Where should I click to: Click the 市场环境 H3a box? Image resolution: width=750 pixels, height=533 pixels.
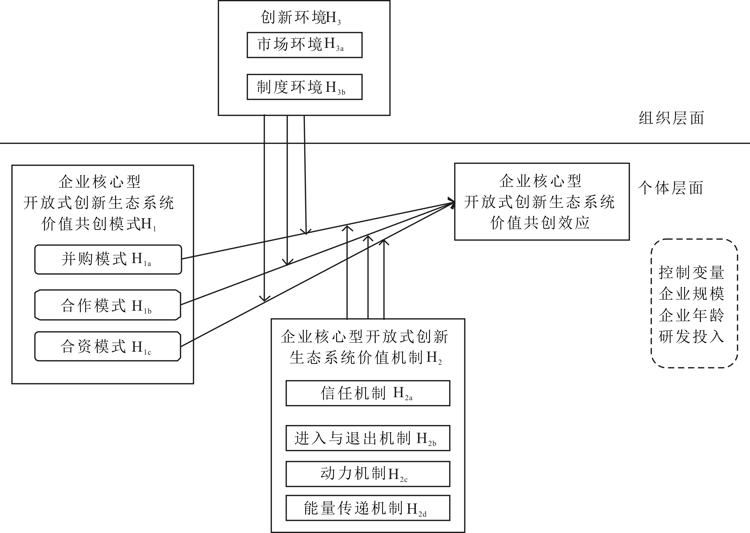[x=304, y=45]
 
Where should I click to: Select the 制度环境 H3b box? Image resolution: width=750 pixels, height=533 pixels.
[x=304, y=87]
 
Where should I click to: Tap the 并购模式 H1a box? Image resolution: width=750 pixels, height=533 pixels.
[x=108, y=259]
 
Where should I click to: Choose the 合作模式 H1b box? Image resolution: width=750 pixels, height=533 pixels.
[x=108, y=305]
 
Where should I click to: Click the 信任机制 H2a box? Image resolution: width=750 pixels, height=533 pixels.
[x=367, y=393]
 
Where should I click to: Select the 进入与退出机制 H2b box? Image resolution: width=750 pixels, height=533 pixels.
[x=367, y=438]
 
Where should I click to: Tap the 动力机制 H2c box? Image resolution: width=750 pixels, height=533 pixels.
[x=367, y=474]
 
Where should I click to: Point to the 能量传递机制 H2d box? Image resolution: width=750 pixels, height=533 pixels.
[x=367, y=508]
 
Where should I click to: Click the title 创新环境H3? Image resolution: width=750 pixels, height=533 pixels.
[x=301, y=18]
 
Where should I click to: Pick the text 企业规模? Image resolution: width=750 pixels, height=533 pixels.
[x=691, y=294]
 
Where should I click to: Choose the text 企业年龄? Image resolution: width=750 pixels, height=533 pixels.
[x=691, y=315]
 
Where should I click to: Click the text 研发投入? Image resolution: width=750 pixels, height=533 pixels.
[x=691, y=336]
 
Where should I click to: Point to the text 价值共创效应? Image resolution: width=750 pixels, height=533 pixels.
[x=540, y=223]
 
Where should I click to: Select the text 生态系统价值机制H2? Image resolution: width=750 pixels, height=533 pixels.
[x=366, y=358]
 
